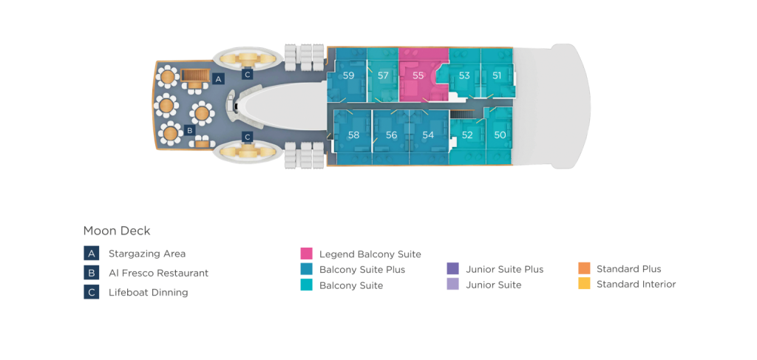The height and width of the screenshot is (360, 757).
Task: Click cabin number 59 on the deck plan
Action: pos(349,75)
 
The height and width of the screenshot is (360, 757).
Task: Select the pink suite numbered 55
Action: pos(418,75)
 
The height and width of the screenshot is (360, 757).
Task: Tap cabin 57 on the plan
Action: pos(383,75)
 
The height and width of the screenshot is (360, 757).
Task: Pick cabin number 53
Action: pos(464,75)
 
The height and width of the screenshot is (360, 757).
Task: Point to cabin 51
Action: pos(497,75)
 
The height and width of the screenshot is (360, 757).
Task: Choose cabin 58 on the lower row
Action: pos(353,135)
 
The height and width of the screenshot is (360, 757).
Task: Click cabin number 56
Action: pos(391,135)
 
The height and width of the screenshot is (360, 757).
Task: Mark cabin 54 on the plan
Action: pos(428,135)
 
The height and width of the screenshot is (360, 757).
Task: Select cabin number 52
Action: pos(467,135)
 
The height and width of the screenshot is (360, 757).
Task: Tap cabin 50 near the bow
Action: pos(500,135)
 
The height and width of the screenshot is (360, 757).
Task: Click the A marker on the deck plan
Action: pos(218,78)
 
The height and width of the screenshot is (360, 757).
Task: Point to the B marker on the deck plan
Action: pos(190,130)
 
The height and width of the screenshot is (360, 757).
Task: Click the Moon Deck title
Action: pos(117,231)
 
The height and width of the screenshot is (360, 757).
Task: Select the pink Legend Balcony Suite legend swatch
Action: pos(307,254)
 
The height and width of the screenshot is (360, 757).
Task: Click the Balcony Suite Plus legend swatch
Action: pos(307,269)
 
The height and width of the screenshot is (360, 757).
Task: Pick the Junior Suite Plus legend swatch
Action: pos(453,269)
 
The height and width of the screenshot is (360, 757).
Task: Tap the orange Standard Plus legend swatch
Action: pos(584,269)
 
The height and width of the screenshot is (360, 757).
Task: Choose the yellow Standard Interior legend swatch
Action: pos(584,284)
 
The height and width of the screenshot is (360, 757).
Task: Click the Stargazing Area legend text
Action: pos(146,254)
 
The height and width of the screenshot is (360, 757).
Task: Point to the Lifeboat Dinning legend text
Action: pos(147,292)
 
